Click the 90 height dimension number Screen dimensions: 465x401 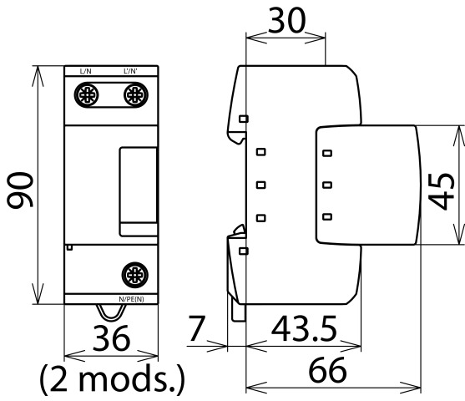pos(20,190)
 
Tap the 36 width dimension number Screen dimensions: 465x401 pos(111,338)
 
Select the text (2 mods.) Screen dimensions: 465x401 pos(112,379)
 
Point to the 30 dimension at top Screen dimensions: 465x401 pos(286,20)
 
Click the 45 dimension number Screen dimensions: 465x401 pos(442,190)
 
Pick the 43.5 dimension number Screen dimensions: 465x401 pos(304,328)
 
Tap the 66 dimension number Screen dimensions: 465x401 pos(328,370)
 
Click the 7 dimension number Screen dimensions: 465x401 pos(196,328)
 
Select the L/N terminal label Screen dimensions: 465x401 pos(86,72)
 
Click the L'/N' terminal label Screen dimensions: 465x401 pos(130,71)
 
